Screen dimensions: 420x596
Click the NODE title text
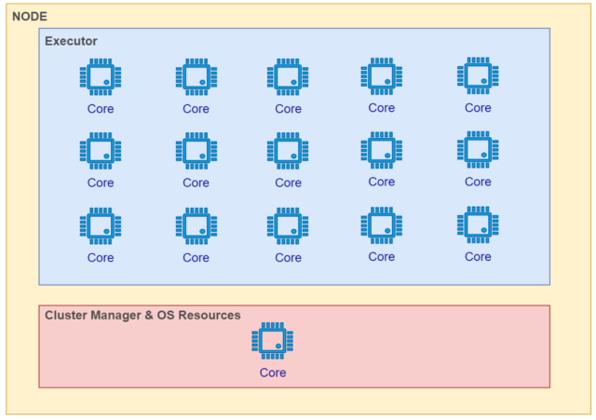30,17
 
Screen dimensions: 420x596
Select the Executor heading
71,41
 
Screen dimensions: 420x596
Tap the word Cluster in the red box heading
67,316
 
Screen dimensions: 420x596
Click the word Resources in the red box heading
207,316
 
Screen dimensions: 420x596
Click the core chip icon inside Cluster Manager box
273,342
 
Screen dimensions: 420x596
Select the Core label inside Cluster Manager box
273,373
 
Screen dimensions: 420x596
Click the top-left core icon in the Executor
101,77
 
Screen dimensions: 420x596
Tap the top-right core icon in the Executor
478,76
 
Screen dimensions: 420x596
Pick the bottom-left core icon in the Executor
101,226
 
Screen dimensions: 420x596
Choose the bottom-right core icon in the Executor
478,225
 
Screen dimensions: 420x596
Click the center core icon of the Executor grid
288,152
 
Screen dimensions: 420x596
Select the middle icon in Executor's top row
288,77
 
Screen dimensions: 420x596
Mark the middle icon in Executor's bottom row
288,226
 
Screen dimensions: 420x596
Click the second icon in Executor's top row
196,77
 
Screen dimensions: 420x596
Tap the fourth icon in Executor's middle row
382,151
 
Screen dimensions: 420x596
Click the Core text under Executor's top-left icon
101,109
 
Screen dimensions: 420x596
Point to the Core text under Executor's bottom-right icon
478,257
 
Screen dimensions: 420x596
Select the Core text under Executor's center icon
288,183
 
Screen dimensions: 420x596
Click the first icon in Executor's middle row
101,152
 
